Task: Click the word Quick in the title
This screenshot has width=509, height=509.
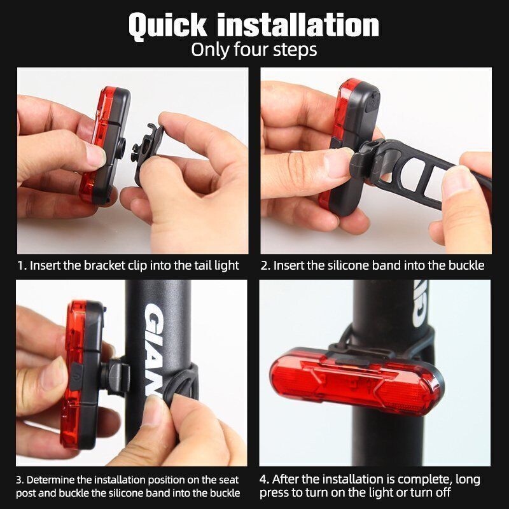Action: click(x=168, y=26)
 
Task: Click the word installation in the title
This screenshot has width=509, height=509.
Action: click(x=298, y=25)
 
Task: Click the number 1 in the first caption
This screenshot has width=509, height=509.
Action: click(x=21, y=266)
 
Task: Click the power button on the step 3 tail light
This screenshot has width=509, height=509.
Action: click(x=76, y=377)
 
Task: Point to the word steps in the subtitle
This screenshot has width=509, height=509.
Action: click(x=295, y=50)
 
